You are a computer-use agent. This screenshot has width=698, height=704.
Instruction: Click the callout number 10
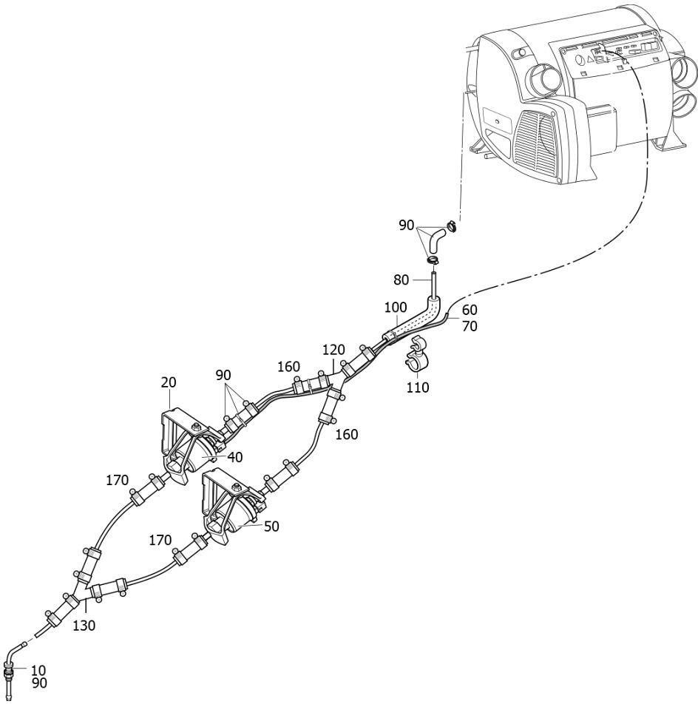[x=38, y=671]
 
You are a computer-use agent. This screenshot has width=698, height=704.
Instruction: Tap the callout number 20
[x=169, y=382]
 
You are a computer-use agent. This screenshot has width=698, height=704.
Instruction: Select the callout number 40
[x=235, y=458]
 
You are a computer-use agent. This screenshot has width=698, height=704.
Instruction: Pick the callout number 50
[x=271, y=527]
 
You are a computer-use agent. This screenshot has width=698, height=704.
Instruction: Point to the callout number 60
[x=470, y=311]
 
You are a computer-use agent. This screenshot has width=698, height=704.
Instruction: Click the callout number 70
[x=470, y=326]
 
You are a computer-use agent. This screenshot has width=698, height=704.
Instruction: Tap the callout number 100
[x=395, y=307]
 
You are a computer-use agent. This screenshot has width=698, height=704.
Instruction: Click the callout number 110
[x=418, y=387]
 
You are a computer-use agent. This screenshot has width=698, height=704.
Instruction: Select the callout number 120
[x=333, y=349]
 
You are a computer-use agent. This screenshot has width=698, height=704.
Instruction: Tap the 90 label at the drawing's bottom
[x=39, y=683]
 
